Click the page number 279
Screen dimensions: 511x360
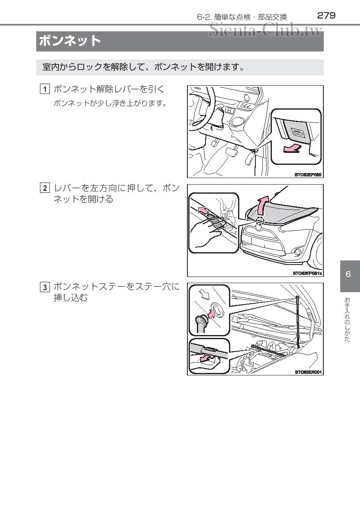(326, 16)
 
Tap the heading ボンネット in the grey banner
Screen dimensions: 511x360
(70, 41)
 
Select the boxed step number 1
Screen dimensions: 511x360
(45, 89)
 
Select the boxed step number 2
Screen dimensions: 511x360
(45, 189)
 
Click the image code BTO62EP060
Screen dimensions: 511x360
(308, 175)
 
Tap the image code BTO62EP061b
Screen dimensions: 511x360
(307, 273)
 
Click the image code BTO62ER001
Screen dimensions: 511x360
(308, 372)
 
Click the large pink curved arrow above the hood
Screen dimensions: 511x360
(262, 204)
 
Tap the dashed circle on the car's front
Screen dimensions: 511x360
(259, 222)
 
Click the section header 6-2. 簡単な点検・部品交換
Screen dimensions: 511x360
(242, 17)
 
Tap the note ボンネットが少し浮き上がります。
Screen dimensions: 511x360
(110, 103)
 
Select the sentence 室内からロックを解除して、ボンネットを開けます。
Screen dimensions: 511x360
(144, 67)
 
